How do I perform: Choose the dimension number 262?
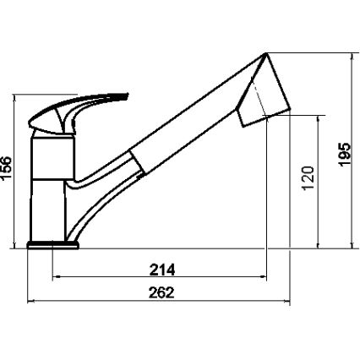(161, 293)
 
